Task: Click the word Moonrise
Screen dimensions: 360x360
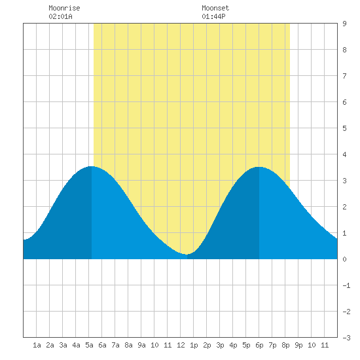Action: point(64,8)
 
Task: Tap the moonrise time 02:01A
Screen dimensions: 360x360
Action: point(60,16)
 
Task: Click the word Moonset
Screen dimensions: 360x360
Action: point(215,8)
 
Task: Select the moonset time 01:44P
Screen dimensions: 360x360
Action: point(213,16)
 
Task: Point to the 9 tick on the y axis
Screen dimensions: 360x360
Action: point(344,24)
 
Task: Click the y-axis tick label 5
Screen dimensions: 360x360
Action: point(344,128)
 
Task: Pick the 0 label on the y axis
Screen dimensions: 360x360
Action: point(344,259)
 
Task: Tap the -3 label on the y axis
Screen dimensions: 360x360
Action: point(346,338)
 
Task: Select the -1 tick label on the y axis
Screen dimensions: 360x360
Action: point(346,285)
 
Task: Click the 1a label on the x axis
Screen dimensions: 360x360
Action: point(37,345)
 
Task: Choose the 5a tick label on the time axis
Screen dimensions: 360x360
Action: point(89,345)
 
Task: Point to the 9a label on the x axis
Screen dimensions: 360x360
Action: point(141,345)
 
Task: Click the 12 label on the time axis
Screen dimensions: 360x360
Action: point(181,345)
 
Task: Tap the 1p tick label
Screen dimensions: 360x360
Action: point(194,345)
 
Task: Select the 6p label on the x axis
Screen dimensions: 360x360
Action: point(259,345)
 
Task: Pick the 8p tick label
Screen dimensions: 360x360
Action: point(285,345)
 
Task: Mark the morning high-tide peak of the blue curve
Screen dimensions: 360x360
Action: point(92,166)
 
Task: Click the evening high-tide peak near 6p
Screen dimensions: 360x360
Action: point(259,167)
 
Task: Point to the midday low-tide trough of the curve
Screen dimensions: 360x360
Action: point(187,254)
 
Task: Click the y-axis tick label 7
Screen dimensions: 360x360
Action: point(344,76)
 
